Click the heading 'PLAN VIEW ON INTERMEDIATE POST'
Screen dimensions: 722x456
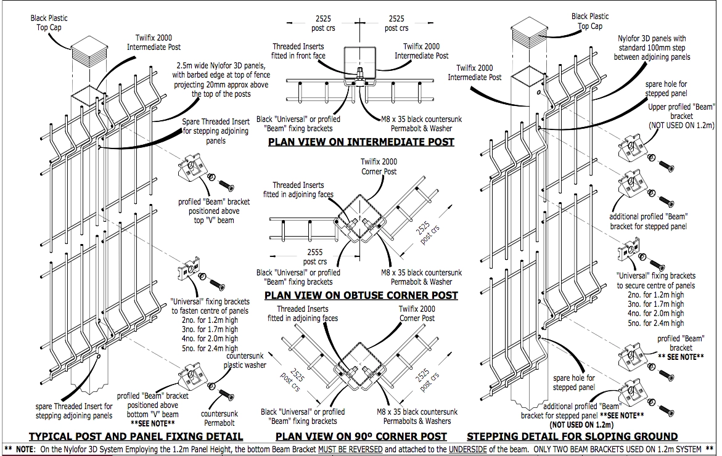pyautogui.click(x=361, y=142)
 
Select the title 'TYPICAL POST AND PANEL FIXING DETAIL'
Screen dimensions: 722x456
pyautogui.click(x=136, y=436)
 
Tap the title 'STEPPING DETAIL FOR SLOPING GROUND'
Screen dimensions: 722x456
pyautogui.click(x=572, y=436)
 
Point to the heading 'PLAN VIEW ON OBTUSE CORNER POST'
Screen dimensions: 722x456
pyautogui.click(x=361, y=295)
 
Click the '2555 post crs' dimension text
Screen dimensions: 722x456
pyautogui.click(x=315, y=257)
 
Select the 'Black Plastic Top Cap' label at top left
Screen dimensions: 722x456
pyautogui.click(x=49, y=23)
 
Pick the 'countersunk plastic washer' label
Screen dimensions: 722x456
pyautogui.click(x=245, y=360)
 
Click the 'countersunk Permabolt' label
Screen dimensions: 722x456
pyautogui.click(x=219, y=418)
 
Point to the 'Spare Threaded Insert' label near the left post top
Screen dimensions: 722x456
pyautogui.click(x=216, y=131)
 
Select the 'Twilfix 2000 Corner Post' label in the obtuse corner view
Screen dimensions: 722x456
pyautogui.click(x=379, y=166)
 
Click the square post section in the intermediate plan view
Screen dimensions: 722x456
pyautogui.click(x=359, y=63)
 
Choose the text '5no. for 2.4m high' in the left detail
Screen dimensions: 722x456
pyautogui.click(x=210, y=348)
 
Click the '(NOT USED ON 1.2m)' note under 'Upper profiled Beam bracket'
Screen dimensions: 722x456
pyautogui.click(x=681, y=126)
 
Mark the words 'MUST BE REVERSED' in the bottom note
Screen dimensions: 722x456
pyautogui.click(x=350, y=449)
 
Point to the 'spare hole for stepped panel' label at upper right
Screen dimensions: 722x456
pyautogui.click(x=666, y=89)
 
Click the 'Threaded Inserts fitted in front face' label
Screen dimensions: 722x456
pyautogui.click(x=298, y=51)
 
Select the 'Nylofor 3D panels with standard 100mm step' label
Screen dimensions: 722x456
pyautogui.click(x=652, y=48)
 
